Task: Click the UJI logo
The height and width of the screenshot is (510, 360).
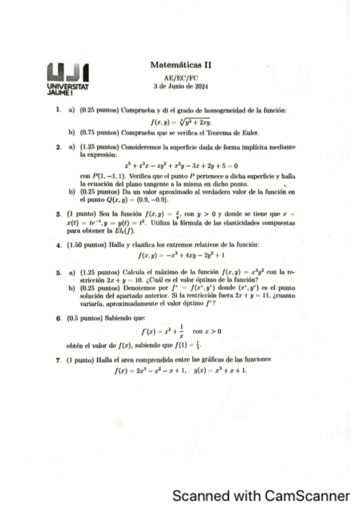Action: tap(67, 73)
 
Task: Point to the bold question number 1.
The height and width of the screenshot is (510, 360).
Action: tap(58, 110)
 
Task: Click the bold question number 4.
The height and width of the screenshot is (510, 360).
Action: tap(58, 245)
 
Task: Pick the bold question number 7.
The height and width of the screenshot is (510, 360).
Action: tap(58, 358)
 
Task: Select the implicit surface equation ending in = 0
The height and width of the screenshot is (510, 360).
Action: tap(182, 165)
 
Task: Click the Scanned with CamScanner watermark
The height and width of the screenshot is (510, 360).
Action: tap(260, 496)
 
